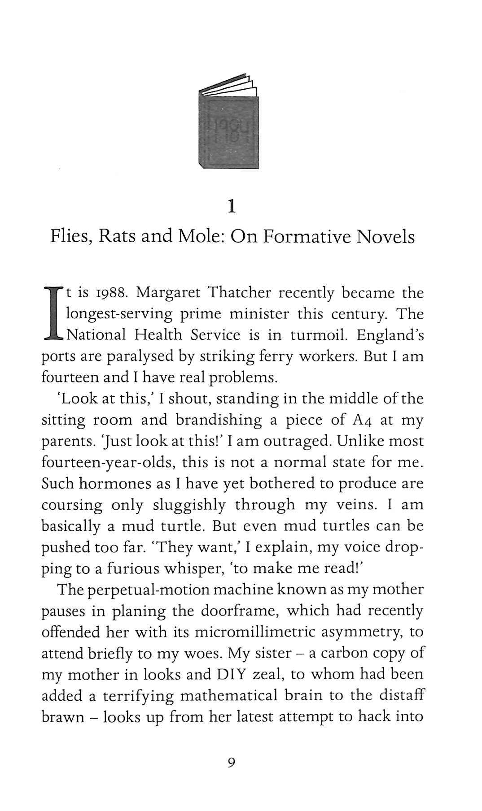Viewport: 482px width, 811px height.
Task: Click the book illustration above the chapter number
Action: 228,122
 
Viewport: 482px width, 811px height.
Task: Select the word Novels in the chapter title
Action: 386,236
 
